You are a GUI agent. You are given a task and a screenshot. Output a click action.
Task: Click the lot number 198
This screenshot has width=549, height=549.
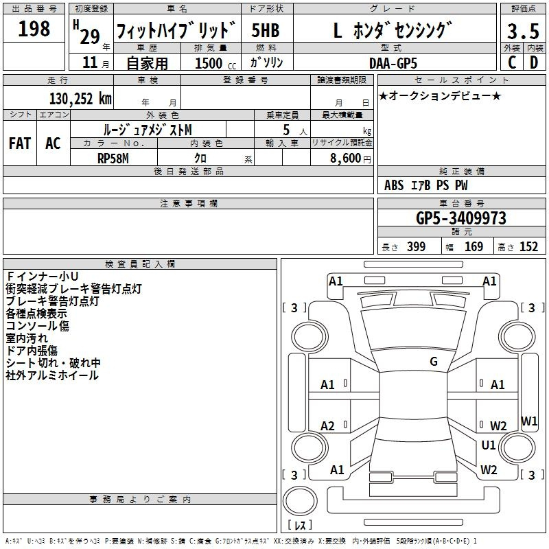(34, 28)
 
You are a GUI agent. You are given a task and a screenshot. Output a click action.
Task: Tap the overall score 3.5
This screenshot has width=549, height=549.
(523, 31)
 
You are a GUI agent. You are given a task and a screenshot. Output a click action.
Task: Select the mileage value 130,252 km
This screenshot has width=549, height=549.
(80, 99)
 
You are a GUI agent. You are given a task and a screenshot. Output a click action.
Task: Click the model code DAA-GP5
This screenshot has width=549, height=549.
(393, 63)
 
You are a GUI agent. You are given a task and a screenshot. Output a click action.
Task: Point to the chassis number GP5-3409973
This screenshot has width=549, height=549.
(461, 218)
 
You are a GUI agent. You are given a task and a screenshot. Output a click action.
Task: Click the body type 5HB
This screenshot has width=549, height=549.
(266, 30)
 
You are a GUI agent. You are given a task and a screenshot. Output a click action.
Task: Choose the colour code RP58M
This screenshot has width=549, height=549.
(113, 159)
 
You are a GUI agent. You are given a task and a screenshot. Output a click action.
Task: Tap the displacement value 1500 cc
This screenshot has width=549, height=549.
(215, 63)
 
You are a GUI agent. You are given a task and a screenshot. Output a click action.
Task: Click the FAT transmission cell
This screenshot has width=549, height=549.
(20, 143)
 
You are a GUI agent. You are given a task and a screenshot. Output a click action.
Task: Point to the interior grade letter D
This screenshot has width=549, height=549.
(534, 62)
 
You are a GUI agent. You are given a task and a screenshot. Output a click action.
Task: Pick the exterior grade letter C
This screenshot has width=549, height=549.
(511, 62)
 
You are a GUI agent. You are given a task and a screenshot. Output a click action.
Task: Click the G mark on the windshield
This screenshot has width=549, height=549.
(434, 362)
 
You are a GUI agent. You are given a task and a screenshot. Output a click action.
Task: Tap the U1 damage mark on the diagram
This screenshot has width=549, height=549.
(489, 445)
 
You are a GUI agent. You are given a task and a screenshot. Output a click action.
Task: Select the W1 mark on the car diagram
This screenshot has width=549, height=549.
(529, 421)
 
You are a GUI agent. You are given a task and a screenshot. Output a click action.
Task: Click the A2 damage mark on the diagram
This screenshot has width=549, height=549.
(327, 425)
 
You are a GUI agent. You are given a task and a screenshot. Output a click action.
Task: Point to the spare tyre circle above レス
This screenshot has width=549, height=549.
(300, 501)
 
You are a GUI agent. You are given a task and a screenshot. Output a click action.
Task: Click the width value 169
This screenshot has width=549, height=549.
(474, 246)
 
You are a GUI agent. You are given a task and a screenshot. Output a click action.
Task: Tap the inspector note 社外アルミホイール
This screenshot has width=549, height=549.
(52, 375)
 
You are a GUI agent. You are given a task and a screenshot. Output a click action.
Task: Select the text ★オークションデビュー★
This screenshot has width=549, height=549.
(440, 96)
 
